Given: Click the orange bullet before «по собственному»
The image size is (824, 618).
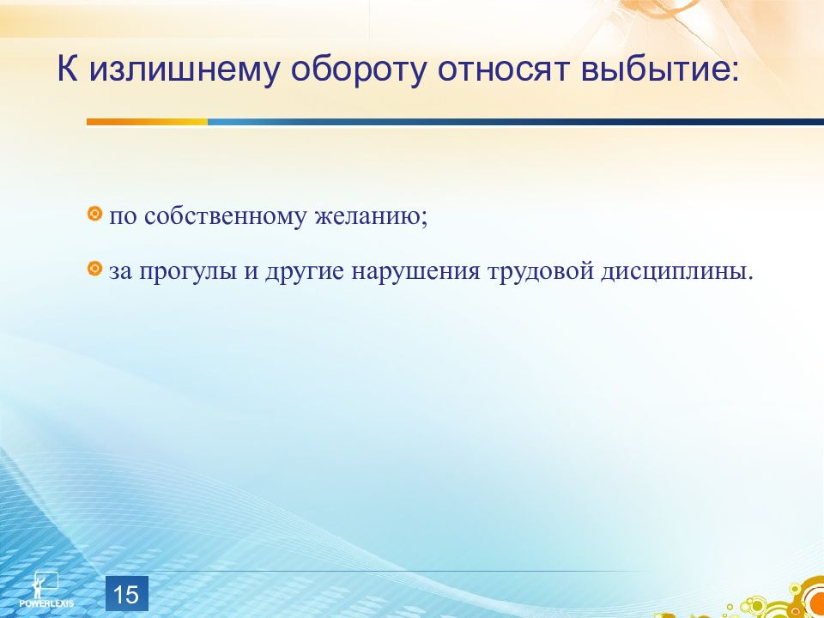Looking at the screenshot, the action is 94,214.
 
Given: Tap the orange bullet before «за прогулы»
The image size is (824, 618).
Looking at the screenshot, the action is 94,269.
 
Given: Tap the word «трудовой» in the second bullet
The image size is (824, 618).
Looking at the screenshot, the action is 542,272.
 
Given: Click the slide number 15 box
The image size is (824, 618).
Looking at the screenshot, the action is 127,593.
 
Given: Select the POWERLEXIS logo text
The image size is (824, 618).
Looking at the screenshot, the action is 46,603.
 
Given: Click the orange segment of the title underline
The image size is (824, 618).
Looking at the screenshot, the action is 147,122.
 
